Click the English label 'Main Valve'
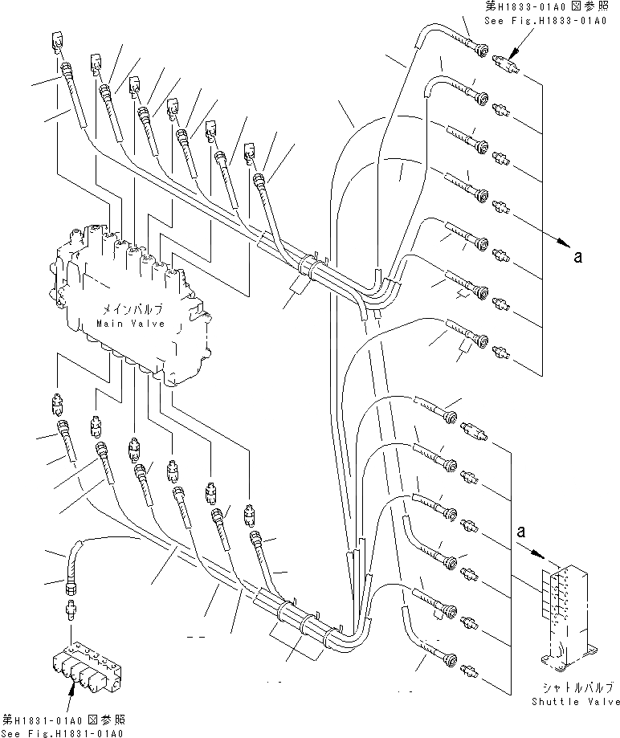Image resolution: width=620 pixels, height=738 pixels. point(129,323)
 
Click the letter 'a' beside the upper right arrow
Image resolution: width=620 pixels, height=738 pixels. point(577,257)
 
